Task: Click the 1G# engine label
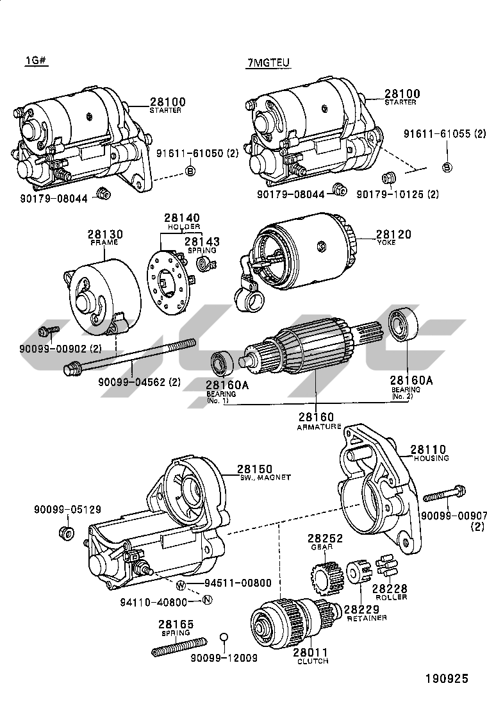tap(37, 62)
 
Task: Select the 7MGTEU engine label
tap(268, 62)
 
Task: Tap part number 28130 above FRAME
tap(105, 235)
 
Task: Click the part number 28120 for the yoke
tap(393, 235)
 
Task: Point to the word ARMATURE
tap(318, 427)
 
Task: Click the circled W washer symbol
tap(180, 585)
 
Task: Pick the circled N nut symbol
tap(206, 601)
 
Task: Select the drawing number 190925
tap(447, 678)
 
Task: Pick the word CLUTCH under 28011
tap(312, 661)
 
